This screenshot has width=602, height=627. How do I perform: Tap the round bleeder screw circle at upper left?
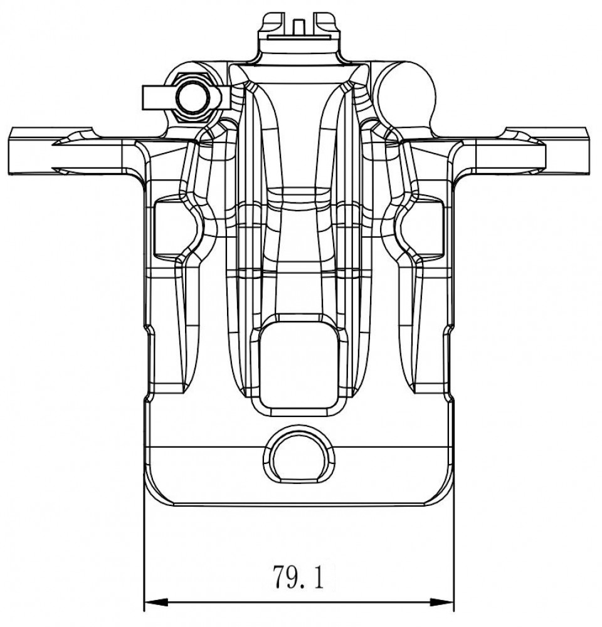point(193,98)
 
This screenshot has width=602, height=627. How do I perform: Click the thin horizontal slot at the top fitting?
point(298,38)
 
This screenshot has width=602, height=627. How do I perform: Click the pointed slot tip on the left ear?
point(53,143)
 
